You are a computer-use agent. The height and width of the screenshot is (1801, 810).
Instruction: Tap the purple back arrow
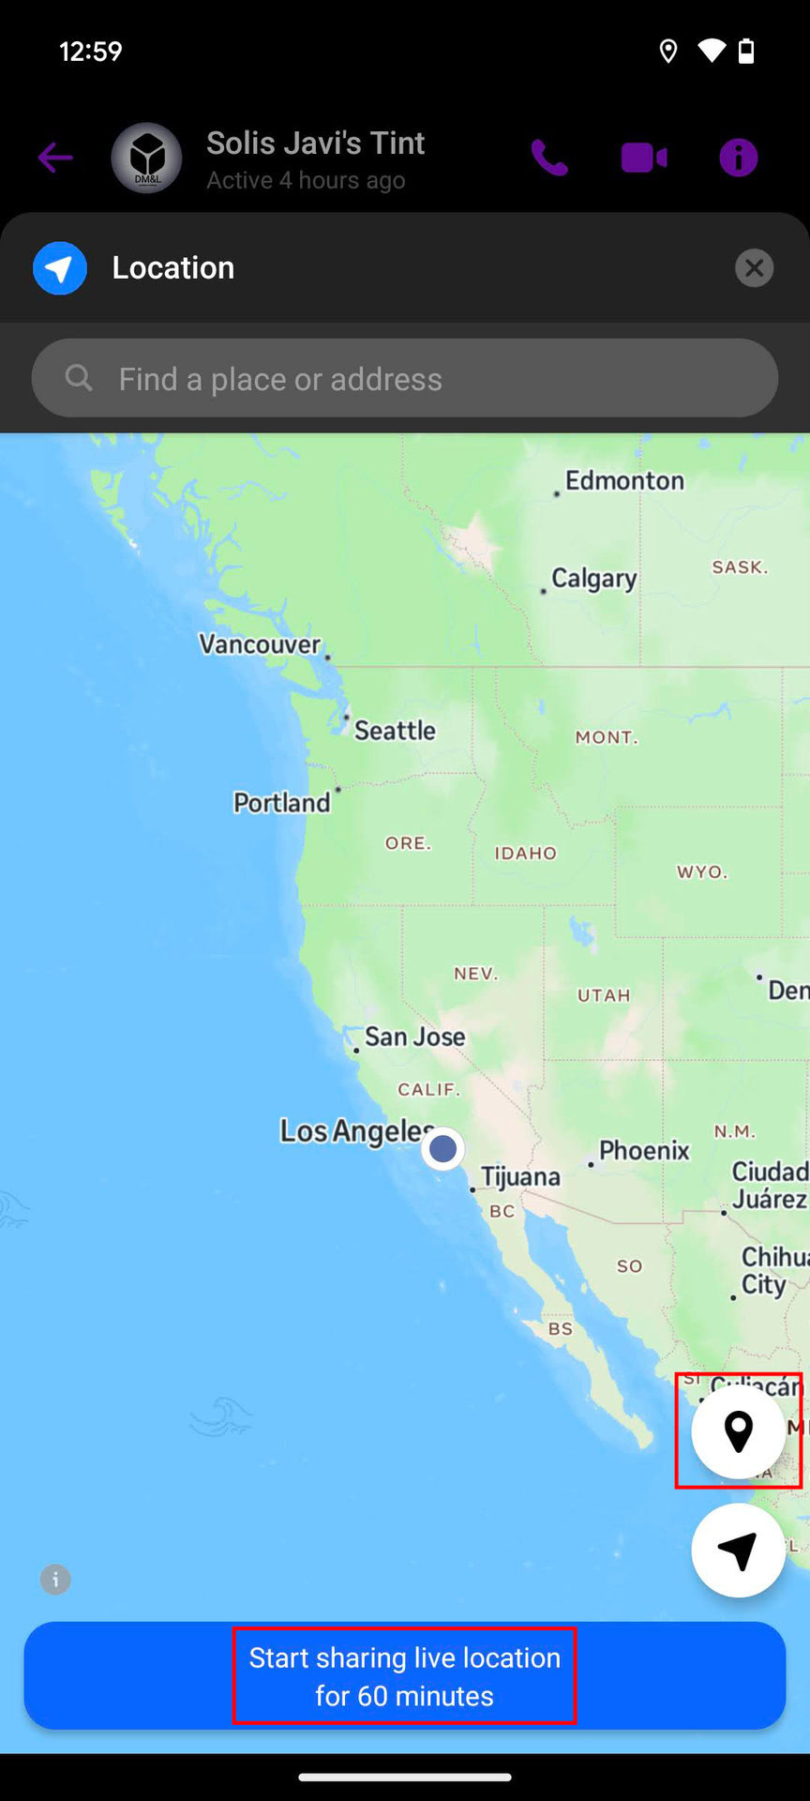coord(55,158)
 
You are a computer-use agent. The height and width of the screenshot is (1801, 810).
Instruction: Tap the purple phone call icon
coord(549,158)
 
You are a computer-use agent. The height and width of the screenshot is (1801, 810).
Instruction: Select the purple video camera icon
coord(644,158)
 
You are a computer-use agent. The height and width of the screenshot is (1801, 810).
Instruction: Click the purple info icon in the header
coord(738,158)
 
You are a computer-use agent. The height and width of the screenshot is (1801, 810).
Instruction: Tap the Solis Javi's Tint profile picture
coord(146,158)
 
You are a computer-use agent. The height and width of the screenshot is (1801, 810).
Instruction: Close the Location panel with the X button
coord(754,268)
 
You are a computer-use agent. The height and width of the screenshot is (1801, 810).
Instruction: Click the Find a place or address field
coord(405,379)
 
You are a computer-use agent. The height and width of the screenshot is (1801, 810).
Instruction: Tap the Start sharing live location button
coord(405,1676)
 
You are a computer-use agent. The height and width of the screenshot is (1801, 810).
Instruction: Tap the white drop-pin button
coord(738,1431)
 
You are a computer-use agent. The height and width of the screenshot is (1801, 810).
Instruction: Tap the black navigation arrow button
coord(738,1551)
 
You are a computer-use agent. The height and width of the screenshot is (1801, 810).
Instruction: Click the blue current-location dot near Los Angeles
coord(442,1148)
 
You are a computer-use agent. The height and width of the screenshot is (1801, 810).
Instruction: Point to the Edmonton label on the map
coord(624,480)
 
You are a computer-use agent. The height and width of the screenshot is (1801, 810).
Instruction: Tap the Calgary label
coord(593,578)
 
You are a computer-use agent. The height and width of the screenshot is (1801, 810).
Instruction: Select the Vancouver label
coord(260,644)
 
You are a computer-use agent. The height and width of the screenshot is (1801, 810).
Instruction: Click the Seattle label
coord(395,730)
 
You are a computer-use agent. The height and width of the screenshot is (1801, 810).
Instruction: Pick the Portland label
coord(281,803)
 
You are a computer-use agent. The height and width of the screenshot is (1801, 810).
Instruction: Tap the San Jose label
coord(414,1037)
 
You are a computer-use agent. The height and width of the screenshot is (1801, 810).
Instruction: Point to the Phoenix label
coord(644,1150)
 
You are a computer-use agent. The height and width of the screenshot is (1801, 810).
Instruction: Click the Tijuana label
coord(520,1176)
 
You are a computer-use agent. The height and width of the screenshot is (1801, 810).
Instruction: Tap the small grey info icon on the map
coord(55,1580)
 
